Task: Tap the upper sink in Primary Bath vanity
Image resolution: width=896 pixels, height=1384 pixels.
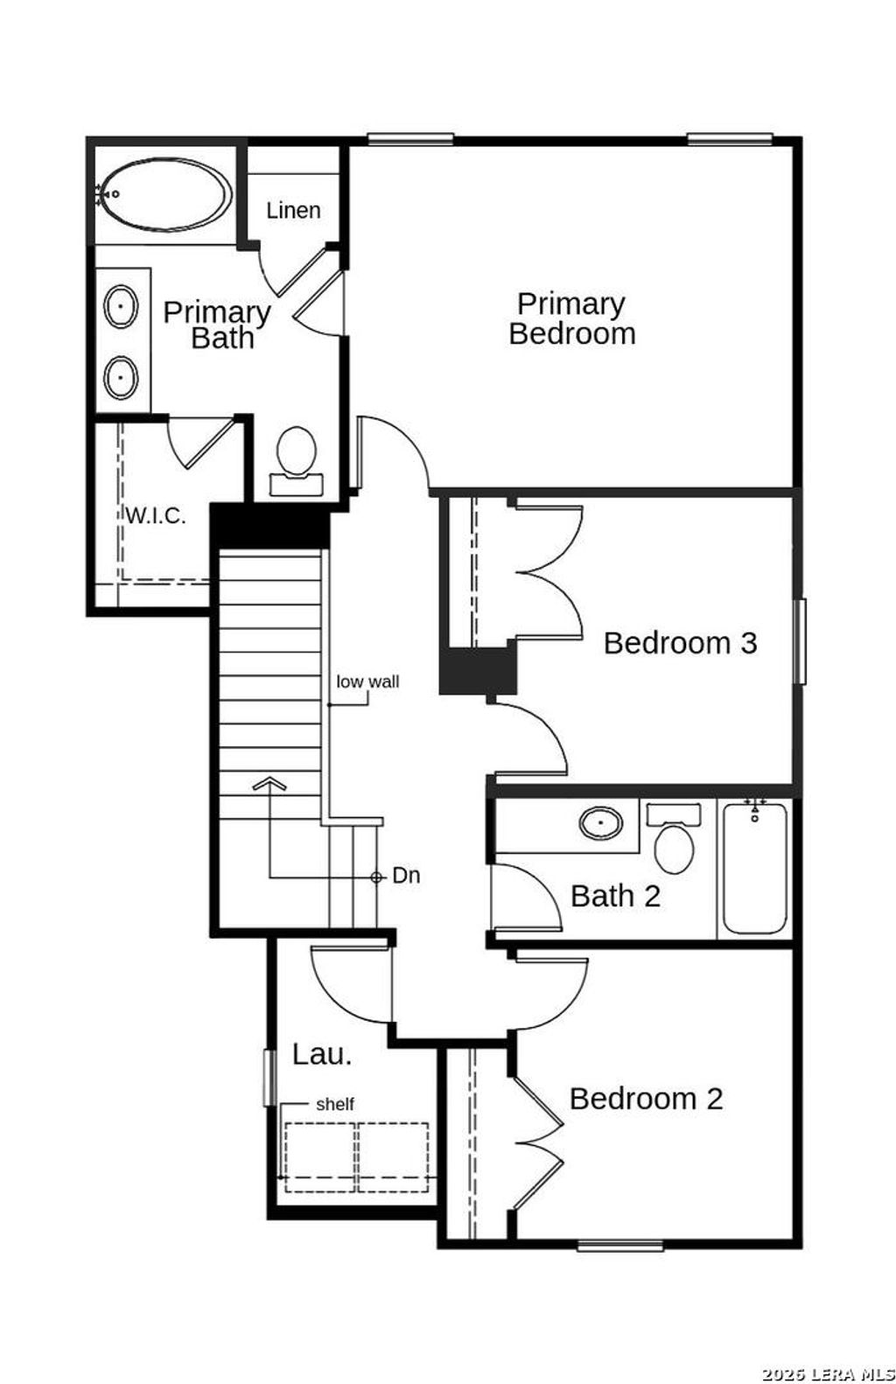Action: click(x=121, y=307)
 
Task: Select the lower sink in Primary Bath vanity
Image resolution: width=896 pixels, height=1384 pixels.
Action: click(x=121, y=378)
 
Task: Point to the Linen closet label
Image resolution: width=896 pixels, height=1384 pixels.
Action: click(x=293, y=211)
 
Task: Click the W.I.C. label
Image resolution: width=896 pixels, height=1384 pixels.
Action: click(x=156, y=516)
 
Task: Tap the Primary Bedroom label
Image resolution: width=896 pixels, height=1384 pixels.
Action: click(x=571, y=318)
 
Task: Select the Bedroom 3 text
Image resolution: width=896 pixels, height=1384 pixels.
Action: click(x=680, y=643)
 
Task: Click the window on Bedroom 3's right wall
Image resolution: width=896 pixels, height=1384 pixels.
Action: click(x=799, y=641)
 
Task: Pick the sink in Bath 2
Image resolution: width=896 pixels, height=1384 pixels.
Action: click(x=601, y=823)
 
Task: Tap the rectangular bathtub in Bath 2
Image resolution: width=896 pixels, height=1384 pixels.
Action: click(x=754, y=869)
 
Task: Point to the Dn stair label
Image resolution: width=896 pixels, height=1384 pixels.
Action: click(x=406, y=876)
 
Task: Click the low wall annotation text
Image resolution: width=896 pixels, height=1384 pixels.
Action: click(x=367, y=682)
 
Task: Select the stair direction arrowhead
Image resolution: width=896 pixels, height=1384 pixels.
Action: click(x=269, y=783)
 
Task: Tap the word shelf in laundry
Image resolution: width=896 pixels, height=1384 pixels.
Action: click(x=335, y=1105)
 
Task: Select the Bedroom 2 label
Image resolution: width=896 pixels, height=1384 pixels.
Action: click(x=646, y=1099)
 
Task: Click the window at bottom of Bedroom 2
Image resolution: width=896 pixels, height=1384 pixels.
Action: click(x=619, y=1245)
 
